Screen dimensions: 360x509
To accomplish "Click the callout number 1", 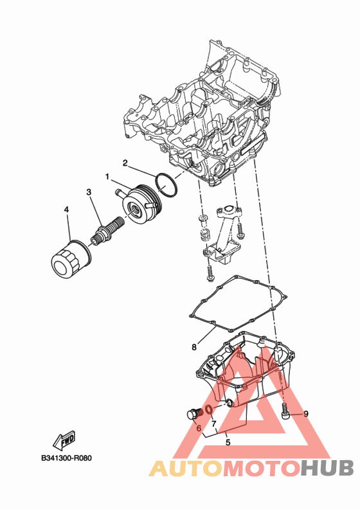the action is point(107,177).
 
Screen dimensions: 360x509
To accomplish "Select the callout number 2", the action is point(125,163).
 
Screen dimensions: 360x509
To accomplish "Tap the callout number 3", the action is point(89,192).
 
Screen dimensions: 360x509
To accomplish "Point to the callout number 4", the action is point(66,210).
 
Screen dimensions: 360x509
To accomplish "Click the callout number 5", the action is point(228,442).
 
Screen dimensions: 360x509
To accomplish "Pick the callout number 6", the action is point(199,429).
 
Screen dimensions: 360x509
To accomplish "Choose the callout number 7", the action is point(213,424).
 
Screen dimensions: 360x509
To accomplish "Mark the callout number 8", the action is point(194,347).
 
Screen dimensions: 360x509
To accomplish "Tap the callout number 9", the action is point(306,414).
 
